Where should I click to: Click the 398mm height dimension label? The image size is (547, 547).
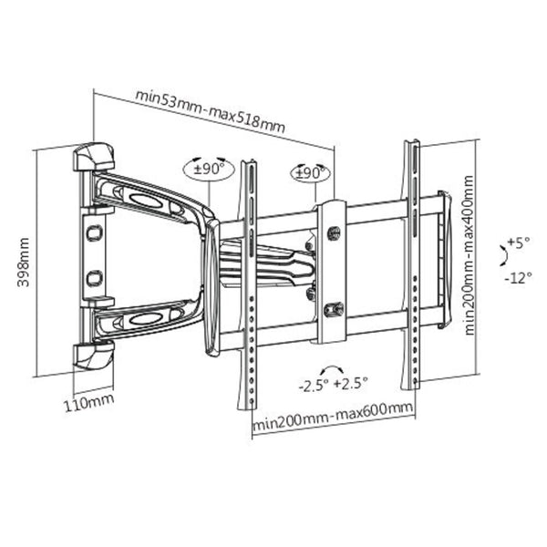(24, 262)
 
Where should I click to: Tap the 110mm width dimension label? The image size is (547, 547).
(92, 398)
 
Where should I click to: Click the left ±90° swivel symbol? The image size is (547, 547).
(209, 169)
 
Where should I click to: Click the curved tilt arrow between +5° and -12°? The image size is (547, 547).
(501, 260)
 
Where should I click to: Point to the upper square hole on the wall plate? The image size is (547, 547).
(93, 233)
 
